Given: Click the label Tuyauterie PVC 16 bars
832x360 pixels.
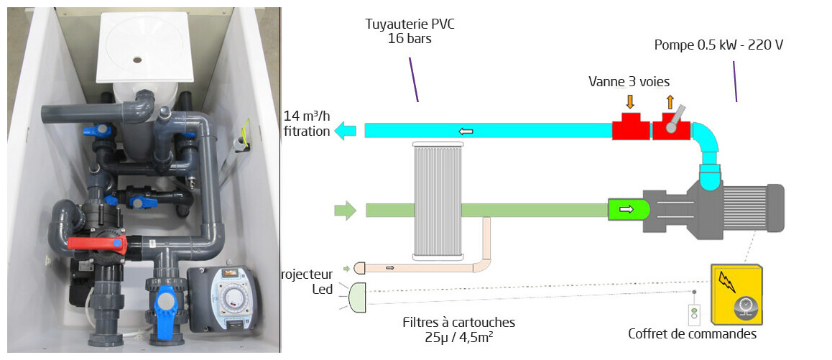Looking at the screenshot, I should [x=410, y=32].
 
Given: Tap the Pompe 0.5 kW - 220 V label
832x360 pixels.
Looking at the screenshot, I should [x=718, y=45].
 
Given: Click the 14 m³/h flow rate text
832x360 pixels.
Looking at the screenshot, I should [x=307, y=124].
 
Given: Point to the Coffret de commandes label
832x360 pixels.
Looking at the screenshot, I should [x=692, y=334].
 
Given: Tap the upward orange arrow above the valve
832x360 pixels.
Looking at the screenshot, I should [x=670, y=101].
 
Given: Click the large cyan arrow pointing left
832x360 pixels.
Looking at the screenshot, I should [x=346, y=130].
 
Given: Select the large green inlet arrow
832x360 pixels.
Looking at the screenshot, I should [x=345, y=211].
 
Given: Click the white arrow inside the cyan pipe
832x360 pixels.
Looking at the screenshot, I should [x=466, y=131].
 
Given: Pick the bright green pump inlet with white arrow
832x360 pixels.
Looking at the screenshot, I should [x=629, y=210].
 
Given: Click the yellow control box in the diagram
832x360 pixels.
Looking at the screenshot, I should [x=737, y=294].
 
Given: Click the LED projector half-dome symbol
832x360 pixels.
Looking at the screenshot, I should [x=357, y=297].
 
